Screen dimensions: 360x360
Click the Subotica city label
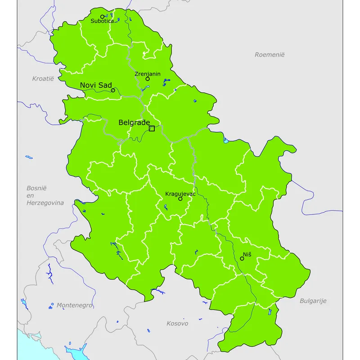102,21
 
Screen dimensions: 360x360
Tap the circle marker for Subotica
102,16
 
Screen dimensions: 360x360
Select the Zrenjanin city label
147,74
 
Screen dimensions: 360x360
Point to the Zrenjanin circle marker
147,79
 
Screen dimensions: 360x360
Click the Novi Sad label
96,85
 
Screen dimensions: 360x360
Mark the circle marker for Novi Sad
113,90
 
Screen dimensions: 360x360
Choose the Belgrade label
134,122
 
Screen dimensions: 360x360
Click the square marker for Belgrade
152,128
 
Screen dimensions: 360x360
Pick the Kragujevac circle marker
180,198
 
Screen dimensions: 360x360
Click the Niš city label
247,255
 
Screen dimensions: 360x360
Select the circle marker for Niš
242,258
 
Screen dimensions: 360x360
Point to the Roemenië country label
270,54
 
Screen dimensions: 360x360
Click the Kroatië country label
43,78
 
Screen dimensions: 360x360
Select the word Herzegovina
45,202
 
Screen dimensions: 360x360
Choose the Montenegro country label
74,305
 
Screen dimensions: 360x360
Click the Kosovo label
177,323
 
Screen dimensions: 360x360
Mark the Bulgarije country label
313,301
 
